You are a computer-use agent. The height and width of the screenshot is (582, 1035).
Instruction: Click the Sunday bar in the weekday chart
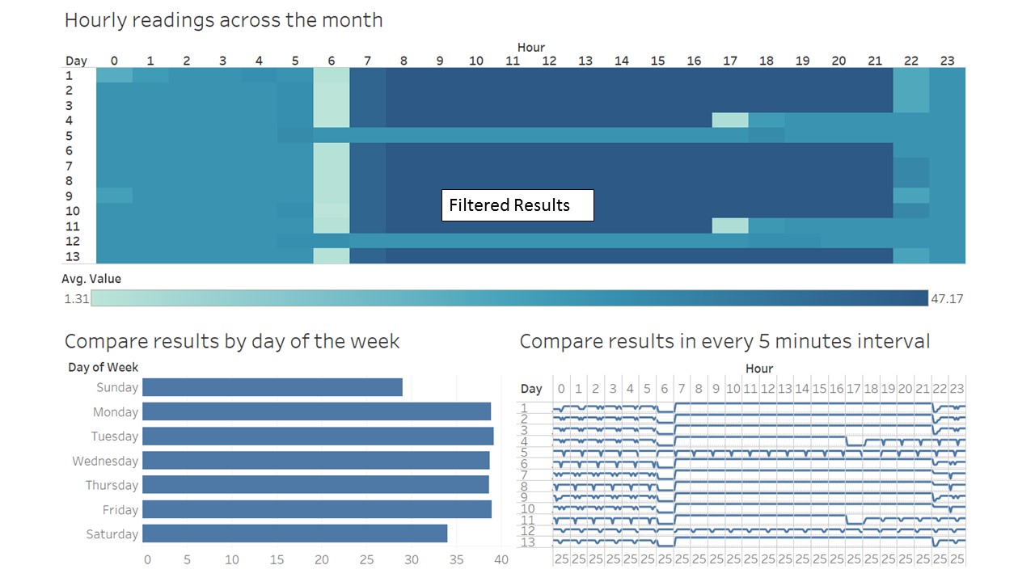pyautogui.click(x=272, y=387)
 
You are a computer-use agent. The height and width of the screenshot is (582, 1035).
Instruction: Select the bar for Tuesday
pyautogui.click(x=318, y=436)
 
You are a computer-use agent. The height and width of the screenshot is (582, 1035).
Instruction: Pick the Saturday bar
pyautogui.click(x=294, y=533)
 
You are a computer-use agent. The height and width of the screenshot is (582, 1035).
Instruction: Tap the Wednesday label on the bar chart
pyautogui.click(x=105, y=461)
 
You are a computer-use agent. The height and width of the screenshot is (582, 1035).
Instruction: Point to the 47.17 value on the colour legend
pyautogui.click(x=947, y=298)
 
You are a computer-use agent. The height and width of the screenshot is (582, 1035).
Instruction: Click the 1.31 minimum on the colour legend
pyautogui.click(x=76, y=298)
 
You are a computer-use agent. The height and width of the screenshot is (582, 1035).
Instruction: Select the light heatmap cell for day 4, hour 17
pyautogui.click(x=729, y=120)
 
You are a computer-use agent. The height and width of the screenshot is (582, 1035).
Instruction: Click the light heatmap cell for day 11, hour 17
pyautogui.click(x=729, y=226)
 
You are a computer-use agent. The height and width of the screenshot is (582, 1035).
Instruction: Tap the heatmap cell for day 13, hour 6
pyautogui.click(x=332, y=256)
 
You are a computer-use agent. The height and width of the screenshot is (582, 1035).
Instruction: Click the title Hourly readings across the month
pyautogui.click(x=224, y=20)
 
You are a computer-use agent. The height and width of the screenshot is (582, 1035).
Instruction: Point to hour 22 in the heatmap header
pyautogui.click(x=911, y=61)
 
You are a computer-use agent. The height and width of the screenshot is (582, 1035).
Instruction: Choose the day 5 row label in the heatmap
pyautogui.click(x=70, y=135)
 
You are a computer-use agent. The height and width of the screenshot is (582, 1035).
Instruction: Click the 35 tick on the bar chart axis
pyautogui.click(x=456, y=559)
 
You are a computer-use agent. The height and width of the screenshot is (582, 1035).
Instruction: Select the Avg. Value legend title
pyautogui.click(x=91, y=279)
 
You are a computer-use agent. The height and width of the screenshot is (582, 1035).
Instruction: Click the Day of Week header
pyautogui.click(x=103, y=368)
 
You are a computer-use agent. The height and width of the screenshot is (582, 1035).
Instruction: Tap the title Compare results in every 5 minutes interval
pyautogui.click(x=724, y=341)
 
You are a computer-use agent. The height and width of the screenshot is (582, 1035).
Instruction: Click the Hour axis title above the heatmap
pyautogui.click(x=530, y=48)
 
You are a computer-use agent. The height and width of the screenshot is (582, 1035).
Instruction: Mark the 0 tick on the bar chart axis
pyautogui.click(x=146, y=559)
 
